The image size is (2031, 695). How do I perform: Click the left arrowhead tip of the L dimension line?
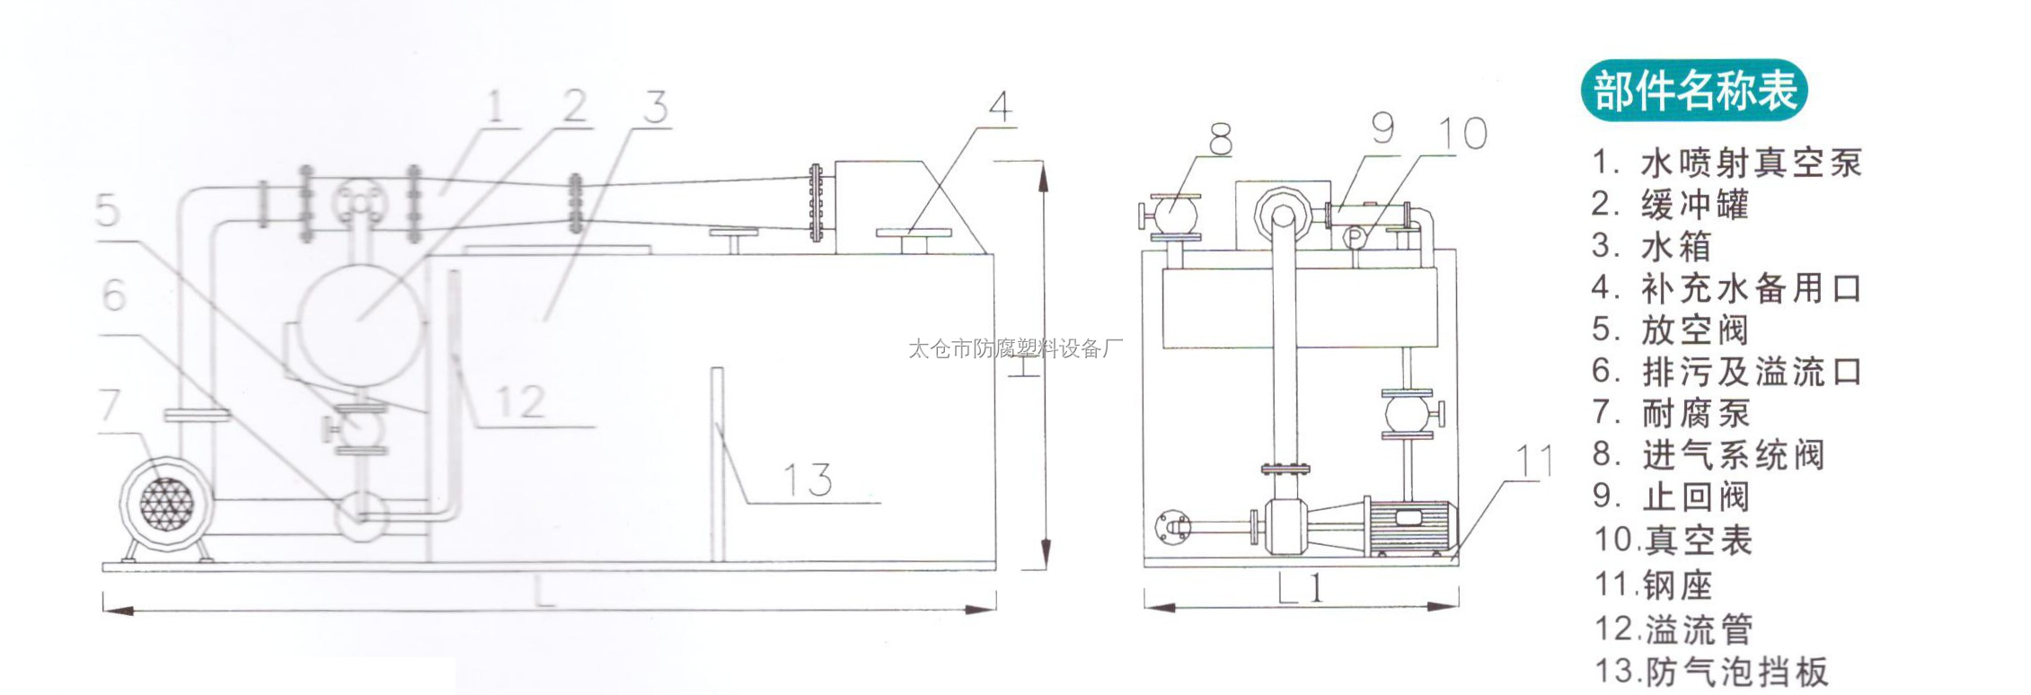coord(104,610)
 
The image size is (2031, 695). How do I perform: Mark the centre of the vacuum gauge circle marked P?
coord(1355,236)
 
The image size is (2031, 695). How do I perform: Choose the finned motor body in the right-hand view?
coord(1408,525)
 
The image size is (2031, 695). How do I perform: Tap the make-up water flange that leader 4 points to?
coord(913,233)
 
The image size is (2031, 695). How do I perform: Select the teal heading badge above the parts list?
coord(1694,91)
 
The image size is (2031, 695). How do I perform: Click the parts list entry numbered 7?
coord(1672,413)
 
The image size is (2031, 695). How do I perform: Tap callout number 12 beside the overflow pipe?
coord(520,401)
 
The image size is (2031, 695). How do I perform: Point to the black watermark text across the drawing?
coord(1015,348)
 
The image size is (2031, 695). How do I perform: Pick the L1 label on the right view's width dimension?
coord(1300,587)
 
